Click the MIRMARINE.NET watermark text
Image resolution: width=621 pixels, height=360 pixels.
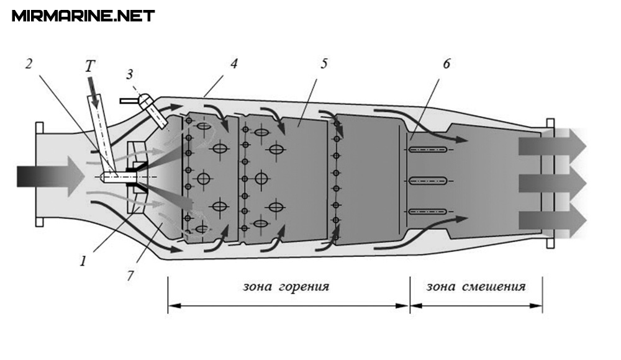tap(83, 16)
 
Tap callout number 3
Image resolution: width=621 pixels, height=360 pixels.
tap(129, 76)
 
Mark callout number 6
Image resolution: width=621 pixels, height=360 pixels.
tap(446, 64)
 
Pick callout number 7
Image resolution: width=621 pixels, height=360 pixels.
tap(130, 274)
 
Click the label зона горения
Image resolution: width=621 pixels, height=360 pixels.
tap(286, 287)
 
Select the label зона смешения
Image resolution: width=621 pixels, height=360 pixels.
tap(476, 287)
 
